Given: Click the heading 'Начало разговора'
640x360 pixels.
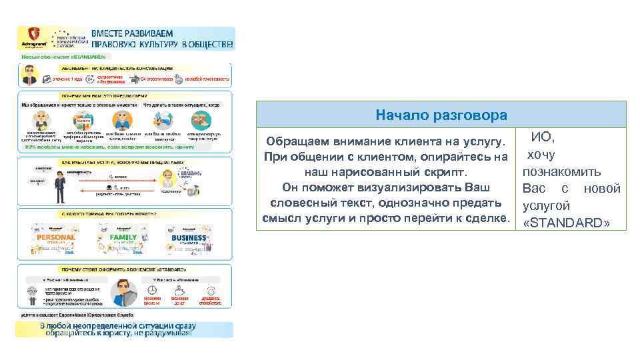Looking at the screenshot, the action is coord(441,115).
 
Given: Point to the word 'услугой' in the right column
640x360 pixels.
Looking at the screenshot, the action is coord(546,206).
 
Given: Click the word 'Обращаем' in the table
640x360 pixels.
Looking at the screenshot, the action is coord(297,142).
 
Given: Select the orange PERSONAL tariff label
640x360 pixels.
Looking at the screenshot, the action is coord(56,237).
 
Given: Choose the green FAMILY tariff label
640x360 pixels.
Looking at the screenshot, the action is coord(123,237).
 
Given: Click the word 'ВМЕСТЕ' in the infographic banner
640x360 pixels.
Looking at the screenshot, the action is coord(112,33).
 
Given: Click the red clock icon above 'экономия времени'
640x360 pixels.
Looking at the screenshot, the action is coord(153,291).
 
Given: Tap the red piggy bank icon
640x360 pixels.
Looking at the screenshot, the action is coord(180,291).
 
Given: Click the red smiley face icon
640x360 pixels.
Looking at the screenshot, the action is coord(209,291).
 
